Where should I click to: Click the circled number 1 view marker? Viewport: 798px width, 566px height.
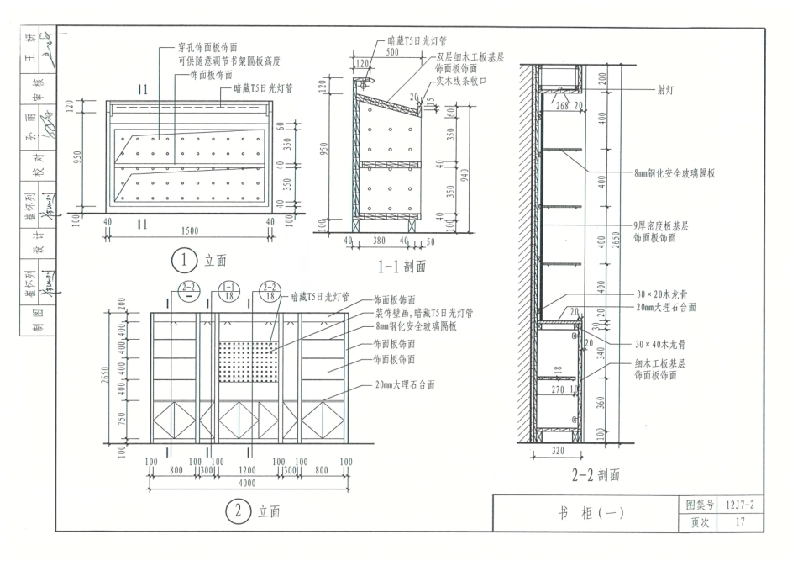point(182,260)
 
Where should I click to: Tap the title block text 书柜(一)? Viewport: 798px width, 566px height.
point(589,514)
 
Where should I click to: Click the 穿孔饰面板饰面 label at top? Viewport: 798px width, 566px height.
point(207,48)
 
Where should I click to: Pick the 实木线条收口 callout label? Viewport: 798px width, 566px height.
point(461,81)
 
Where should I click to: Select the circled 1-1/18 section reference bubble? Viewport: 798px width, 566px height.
point(229,291)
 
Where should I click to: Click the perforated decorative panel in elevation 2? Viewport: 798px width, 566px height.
point(248,361)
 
